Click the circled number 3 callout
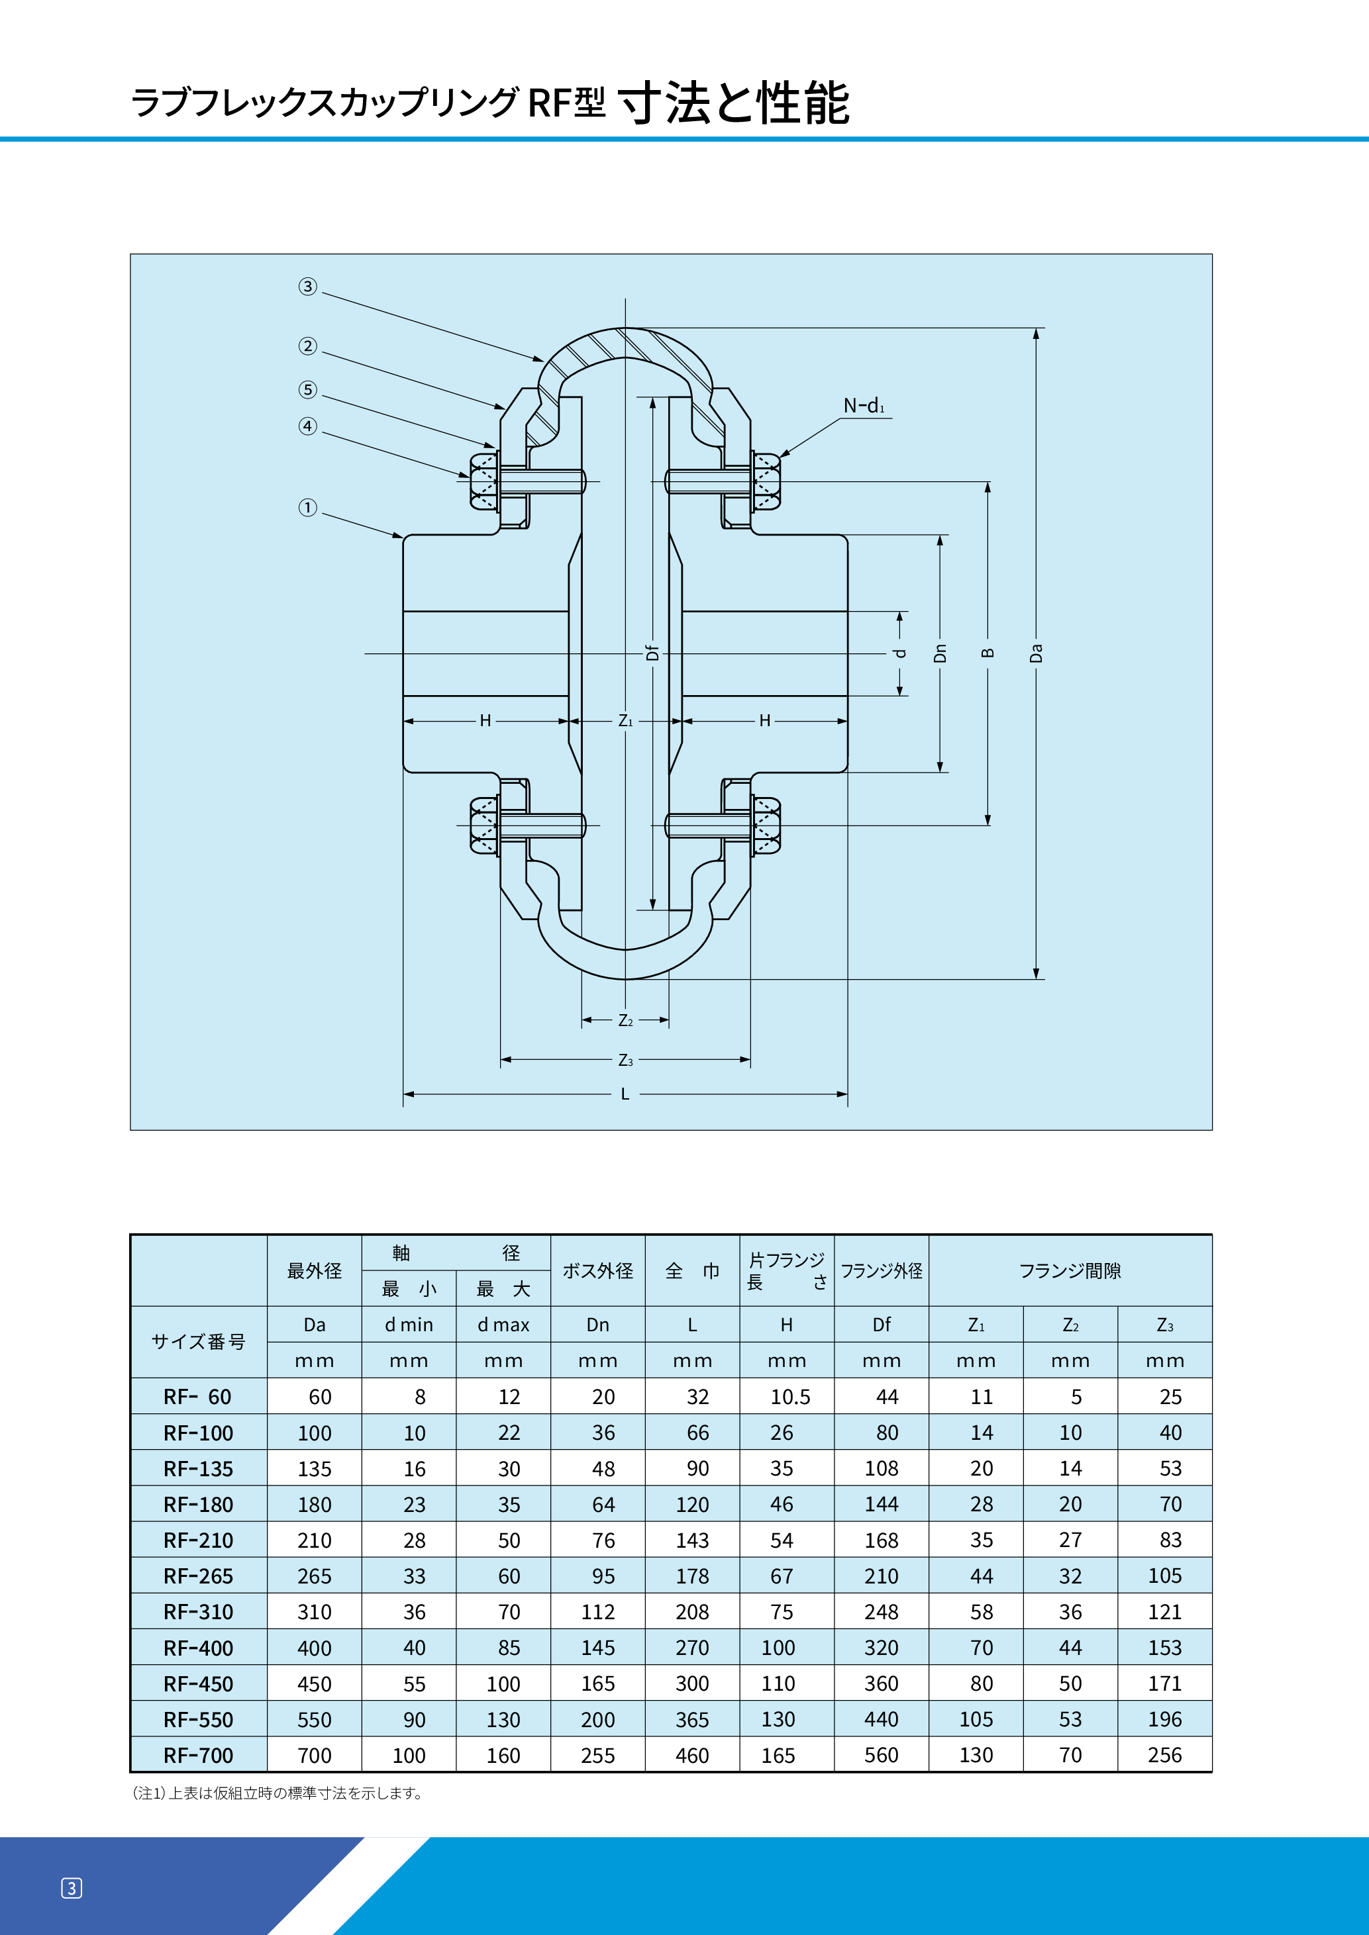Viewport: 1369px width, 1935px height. [x=308, y=287]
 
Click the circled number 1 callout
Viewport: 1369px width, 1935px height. [x=308, y=507]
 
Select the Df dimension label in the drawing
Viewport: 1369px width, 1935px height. [x=652, y=653]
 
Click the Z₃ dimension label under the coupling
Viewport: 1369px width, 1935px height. [x=625, y=1061]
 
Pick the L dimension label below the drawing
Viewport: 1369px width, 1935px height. [x=625, y=1094]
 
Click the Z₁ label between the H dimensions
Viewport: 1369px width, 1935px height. [x=625, y=720]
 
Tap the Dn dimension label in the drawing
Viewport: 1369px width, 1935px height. [x=940, y=653]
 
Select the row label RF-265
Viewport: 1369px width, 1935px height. [x=198, y=1576]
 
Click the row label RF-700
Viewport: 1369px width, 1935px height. [x=198, y=1756]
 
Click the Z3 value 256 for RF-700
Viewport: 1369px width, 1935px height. [x=1164, y=1756]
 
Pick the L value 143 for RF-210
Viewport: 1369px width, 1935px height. [x=692, y=1540]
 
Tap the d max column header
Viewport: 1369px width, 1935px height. [x=503, y=1325]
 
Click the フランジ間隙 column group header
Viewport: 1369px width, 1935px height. [x=1070, y=1271]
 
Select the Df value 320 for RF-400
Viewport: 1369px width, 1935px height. [x=881, y=1648]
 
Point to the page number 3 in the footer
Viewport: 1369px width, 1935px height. [x=72, y=1889]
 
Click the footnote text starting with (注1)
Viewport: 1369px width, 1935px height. [x=278, y=1793]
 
